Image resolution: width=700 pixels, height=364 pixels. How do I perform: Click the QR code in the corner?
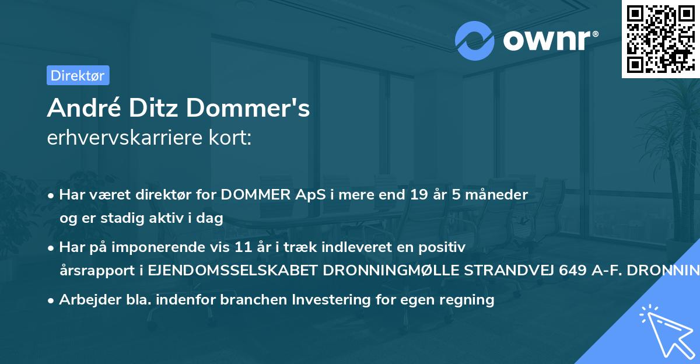(x=660, y=38)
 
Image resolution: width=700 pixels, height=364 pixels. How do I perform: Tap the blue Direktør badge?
(x=78, y=75)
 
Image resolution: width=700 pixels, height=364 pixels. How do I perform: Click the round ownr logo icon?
(x=475, y=40)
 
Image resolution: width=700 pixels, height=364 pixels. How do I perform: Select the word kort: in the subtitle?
(x=233, y=139)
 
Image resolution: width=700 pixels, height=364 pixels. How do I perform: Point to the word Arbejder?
(x=86, y=300)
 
